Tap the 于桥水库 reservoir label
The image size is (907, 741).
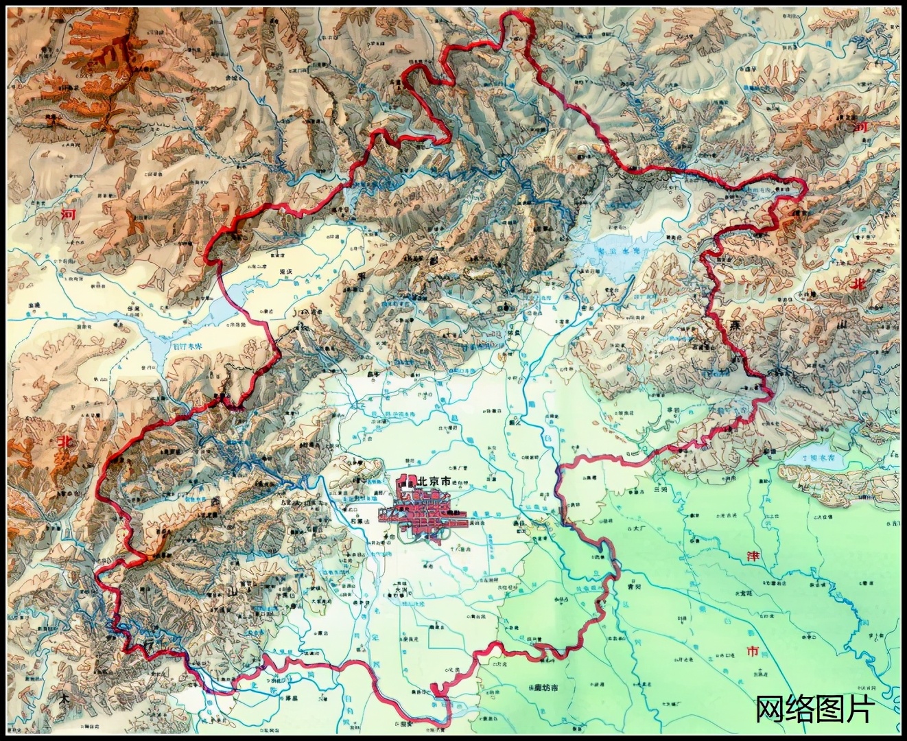[813, 456]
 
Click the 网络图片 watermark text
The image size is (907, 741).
[814, 709]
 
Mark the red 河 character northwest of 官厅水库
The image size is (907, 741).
[69, 213]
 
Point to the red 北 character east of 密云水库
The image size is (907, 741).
[858, 284]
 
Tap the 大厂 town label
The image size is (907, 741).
[641, 529]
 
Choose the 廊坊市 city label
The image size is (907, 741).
[541, 688]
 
